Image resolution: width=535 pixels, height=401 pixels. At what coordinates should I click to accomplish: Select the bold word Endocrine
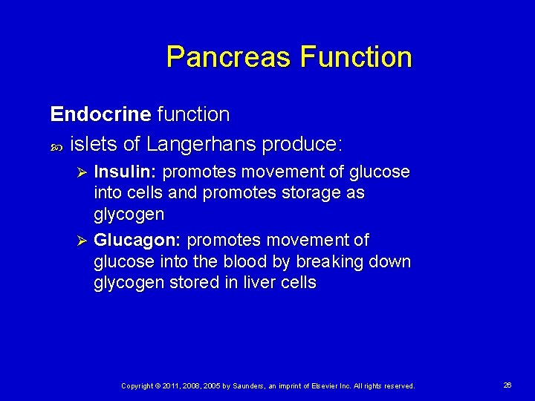(x=100, y=114)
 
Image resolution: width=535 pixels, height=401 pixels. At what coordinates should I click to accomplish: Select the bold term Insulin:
(x=125, y=172)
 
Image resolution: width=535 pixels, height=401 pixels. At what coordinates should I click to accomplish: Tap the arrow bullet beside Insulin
(x=83, y=172)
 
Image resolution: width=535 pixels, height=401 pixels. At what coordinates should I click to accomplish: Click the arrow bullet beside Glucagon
(x=83, y=241)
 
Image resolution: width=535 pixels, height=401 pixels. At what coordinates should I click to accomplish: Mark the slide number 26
(x=508, y=385)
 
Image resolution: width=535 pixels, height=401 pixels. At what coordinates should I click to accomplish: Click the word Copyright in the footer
(x=138, y=386)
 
